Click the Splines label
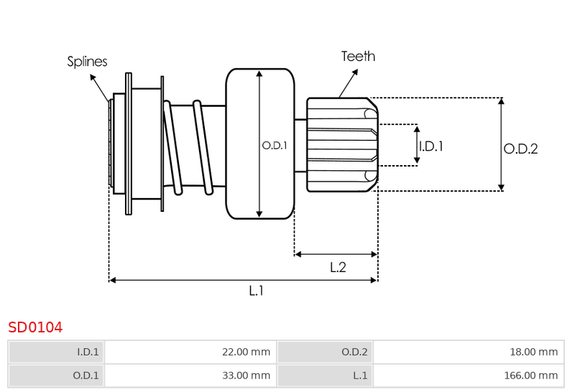pyautogui.click(x=87, y=62)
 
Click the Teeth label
pyautogui.click(x=358, y=57)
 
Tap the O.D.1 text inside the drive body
pyautogui.click(x=275, y=146)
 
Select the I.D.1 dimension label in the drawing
pyautogui.click(x=431, y=146)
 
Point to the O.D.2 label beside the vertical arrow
pyautogui.click(x=520, y=149)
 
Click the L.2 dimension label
pyautogui.click(x=338, y=267)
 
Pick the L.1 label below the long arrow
pyautogui.click(x=257, y=291)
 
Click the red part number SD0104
pyautogui.click(x=35, y=327)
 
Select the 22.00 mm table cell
pyautogui.click(x=190, y=352)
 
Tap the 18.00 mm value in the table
pyautogui.click(x=469, y=352)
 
